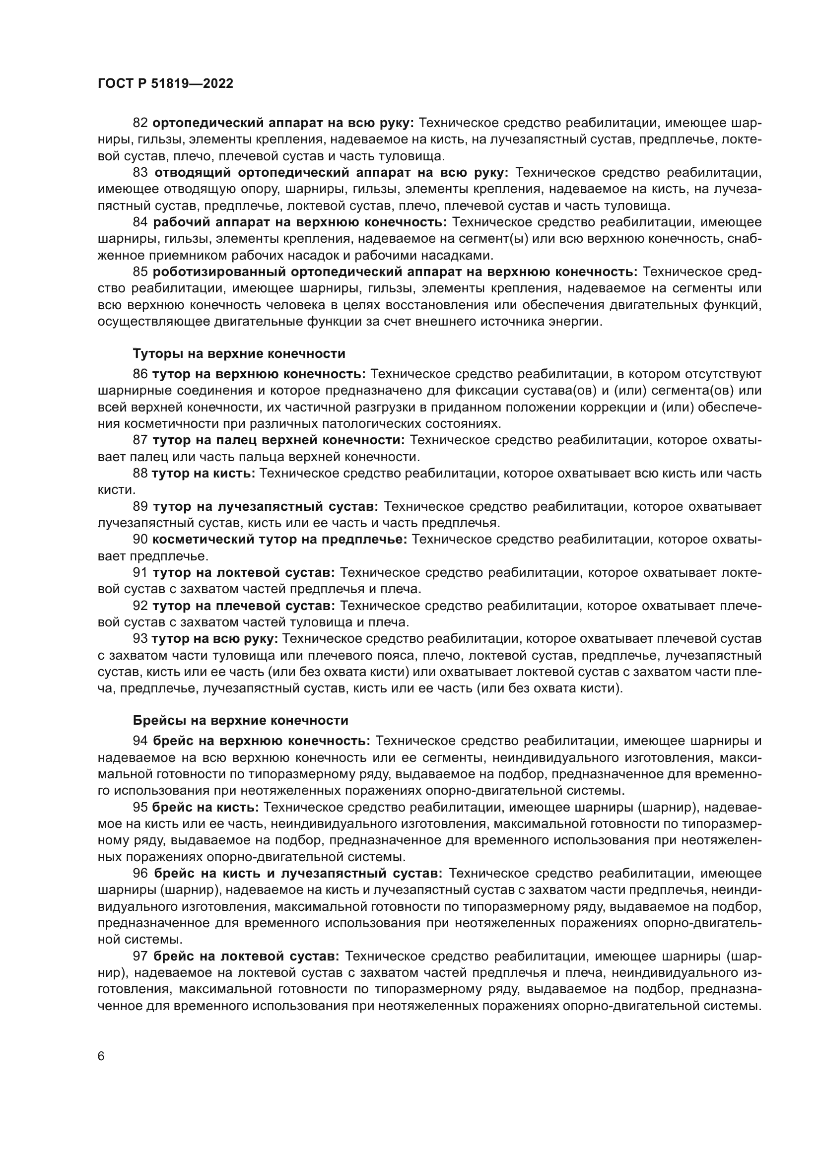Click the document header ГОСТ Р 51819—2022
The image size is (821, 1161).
165,84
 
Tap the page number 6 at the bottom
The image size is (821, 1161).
101,1056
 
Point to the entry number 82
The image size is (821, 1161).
140,123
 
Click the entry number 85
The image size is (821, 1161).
140,272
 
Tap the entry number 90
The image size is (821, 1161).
140,540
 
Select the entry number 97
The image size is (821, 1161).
140,956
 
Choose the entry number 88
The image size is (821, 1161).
140,474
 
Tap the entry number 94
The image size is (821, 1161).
140,741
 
